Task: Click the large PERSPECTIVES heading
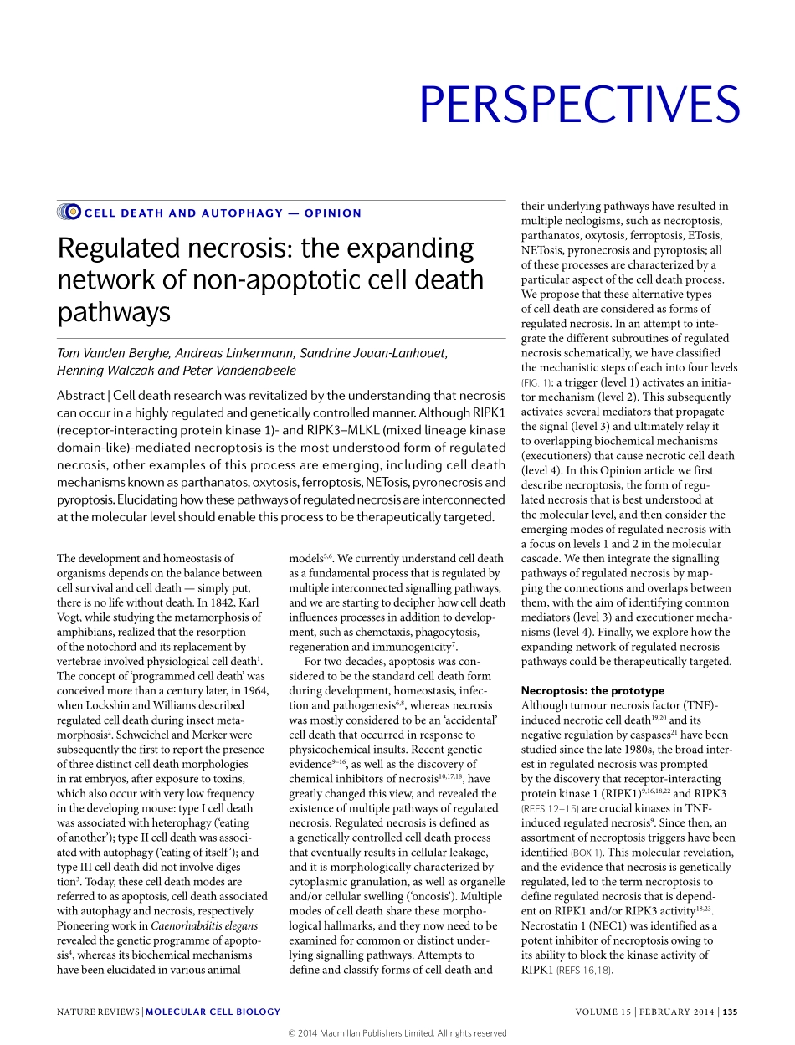pyautogui.click(x=579, y=105)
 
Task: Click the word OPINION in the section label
pyautogui.click(x=333, y=213)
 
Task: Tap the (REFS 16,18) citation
pyautogui.click(x=580, y=971)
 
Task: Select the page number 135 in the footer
pyautogui.click(x=730, y=1012)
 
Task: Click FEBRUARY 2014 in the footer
pyautogui.click(x=676, y=1012)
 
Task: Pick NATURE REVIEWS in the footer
pyautogui.click(x=98, y=1012)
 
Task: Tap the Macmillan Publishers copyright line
pyautogui.click(x=397, y=1033)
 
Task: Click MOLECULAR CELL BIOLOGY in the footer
pyautogui.click(x=213, y=1012)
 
